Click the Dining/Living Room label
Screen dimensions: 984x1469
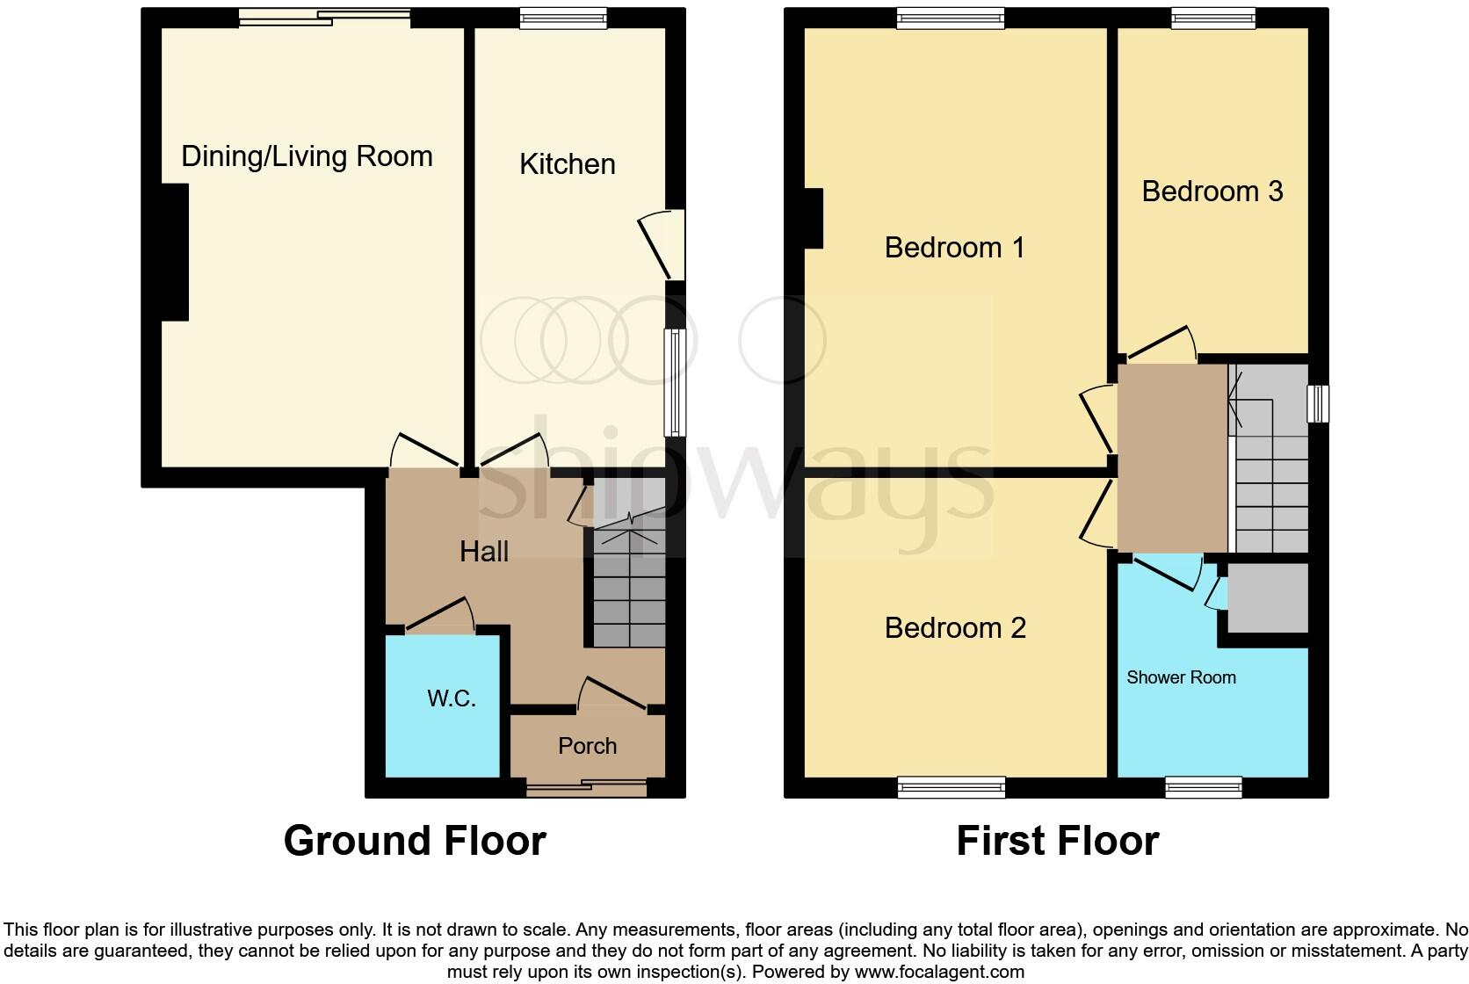[x=307, y=156]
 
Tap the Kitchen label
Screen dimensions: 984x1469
[x=567, y=164]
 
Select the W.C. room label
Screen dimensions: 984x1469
[x=452, y=698]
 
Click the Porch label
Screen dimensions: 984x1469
[x=587, y=746]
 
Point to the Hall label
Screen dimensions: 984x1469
[x=484, y=552]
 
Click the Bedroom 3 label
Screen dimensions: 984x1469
[x=1212, y=192]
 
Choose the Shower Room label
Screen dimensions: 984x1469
[x=1181, y=677]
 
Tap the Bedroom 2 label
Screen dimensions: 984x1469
[x=955, y=628]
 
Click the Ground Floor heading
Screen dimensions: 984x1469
[x=415, y=841]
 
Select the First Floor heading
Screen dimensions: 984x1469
[x=1057, y=841]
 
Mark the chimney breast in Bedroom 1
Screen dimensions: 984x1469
[x=814, y=219]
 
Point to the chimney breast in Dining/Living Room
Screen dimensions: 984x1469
[x=175, y=252]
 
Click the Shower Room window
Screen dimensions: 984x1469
[x=1203, y=786]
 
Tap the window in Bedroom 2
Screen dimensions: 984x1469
[x=951, y=786]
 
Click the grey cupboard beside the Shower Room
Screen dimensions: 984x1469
[x=1267, y=598]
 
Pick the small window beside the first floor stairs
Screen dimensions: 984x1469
[x=1318, y=404]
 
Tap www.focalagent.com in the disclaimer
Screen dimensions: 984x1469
[x=938, y=972]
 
